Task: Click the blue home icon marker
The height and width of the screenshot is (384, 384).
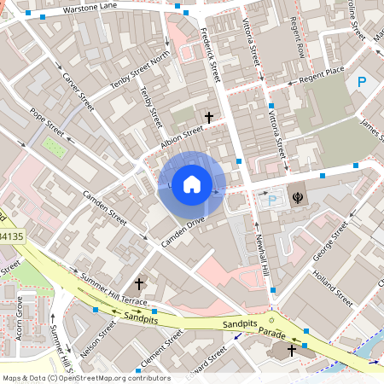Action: (x=192, y=183)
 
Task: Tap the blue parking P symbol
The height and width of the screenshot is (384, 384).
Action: (x=362, y=83)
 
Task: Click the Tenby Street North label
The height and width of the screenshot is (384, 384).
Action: (x=141, y=73)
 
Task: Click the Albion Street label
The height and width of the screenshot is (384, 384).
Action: (x=182, y=139)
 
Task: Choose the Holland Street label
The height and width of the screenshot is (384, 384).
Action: (x=334, y=288)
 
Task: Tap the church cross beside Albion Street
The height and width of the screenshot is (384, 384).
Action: (x=208, y=116)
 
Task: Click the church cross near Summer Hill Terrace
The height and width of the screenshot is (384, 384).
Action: (x=140, y=283)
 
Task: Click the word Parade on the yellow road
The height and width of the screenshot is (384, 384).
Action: (x=272, y=332)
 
